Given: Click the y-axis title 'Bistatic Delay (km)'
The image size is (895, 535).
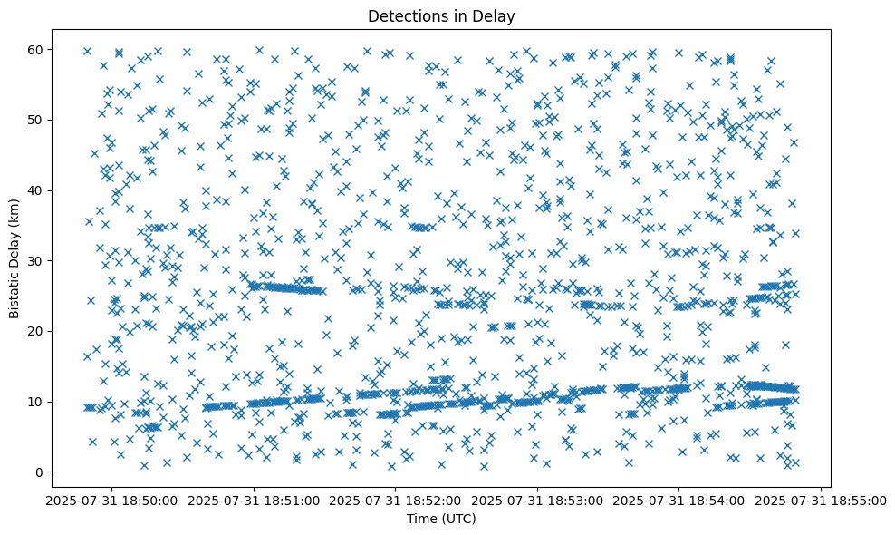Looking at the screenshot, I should pos(14,260).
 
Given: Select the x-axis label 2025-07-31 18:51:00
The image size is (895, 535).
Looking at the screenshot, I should pos(255,499).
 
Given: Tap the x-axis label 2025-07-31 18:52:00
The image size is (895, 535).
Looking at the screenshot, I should pos(396,499).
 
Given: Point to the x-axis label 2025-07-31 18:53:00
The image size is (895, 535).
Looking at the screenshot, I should pos(538,499).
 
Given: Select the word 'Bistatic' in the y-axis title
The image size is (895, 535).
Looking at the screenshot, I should pos(14,294).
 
